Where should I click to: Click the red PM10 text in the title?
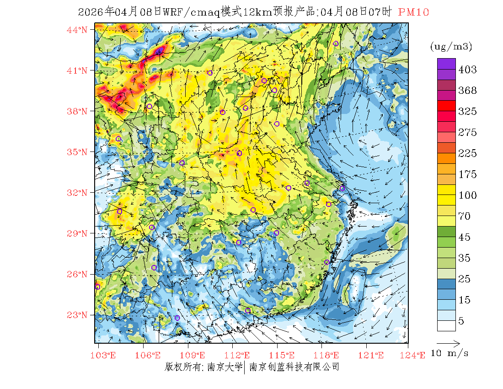[x=413, y=13]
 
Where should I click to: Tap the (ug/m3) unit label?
[x=451, y=47]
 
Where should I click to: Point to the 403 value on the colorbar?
[x=468, y=70]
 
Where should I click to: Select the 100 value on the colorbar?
[x=468, y=195]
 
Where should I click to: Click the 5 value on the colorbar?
[x=461, y=321]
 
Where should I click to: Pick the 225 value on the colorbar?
[x=468, y=153]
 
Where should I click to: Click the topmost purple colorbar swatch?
[x=446, y=64]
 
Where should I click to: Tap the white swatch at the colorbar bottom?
[x=446, y=325]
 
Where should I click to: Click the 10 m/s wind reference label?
[x=450, y=353]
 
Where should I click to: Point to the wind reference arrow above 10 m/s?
[x=448, y=343]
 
